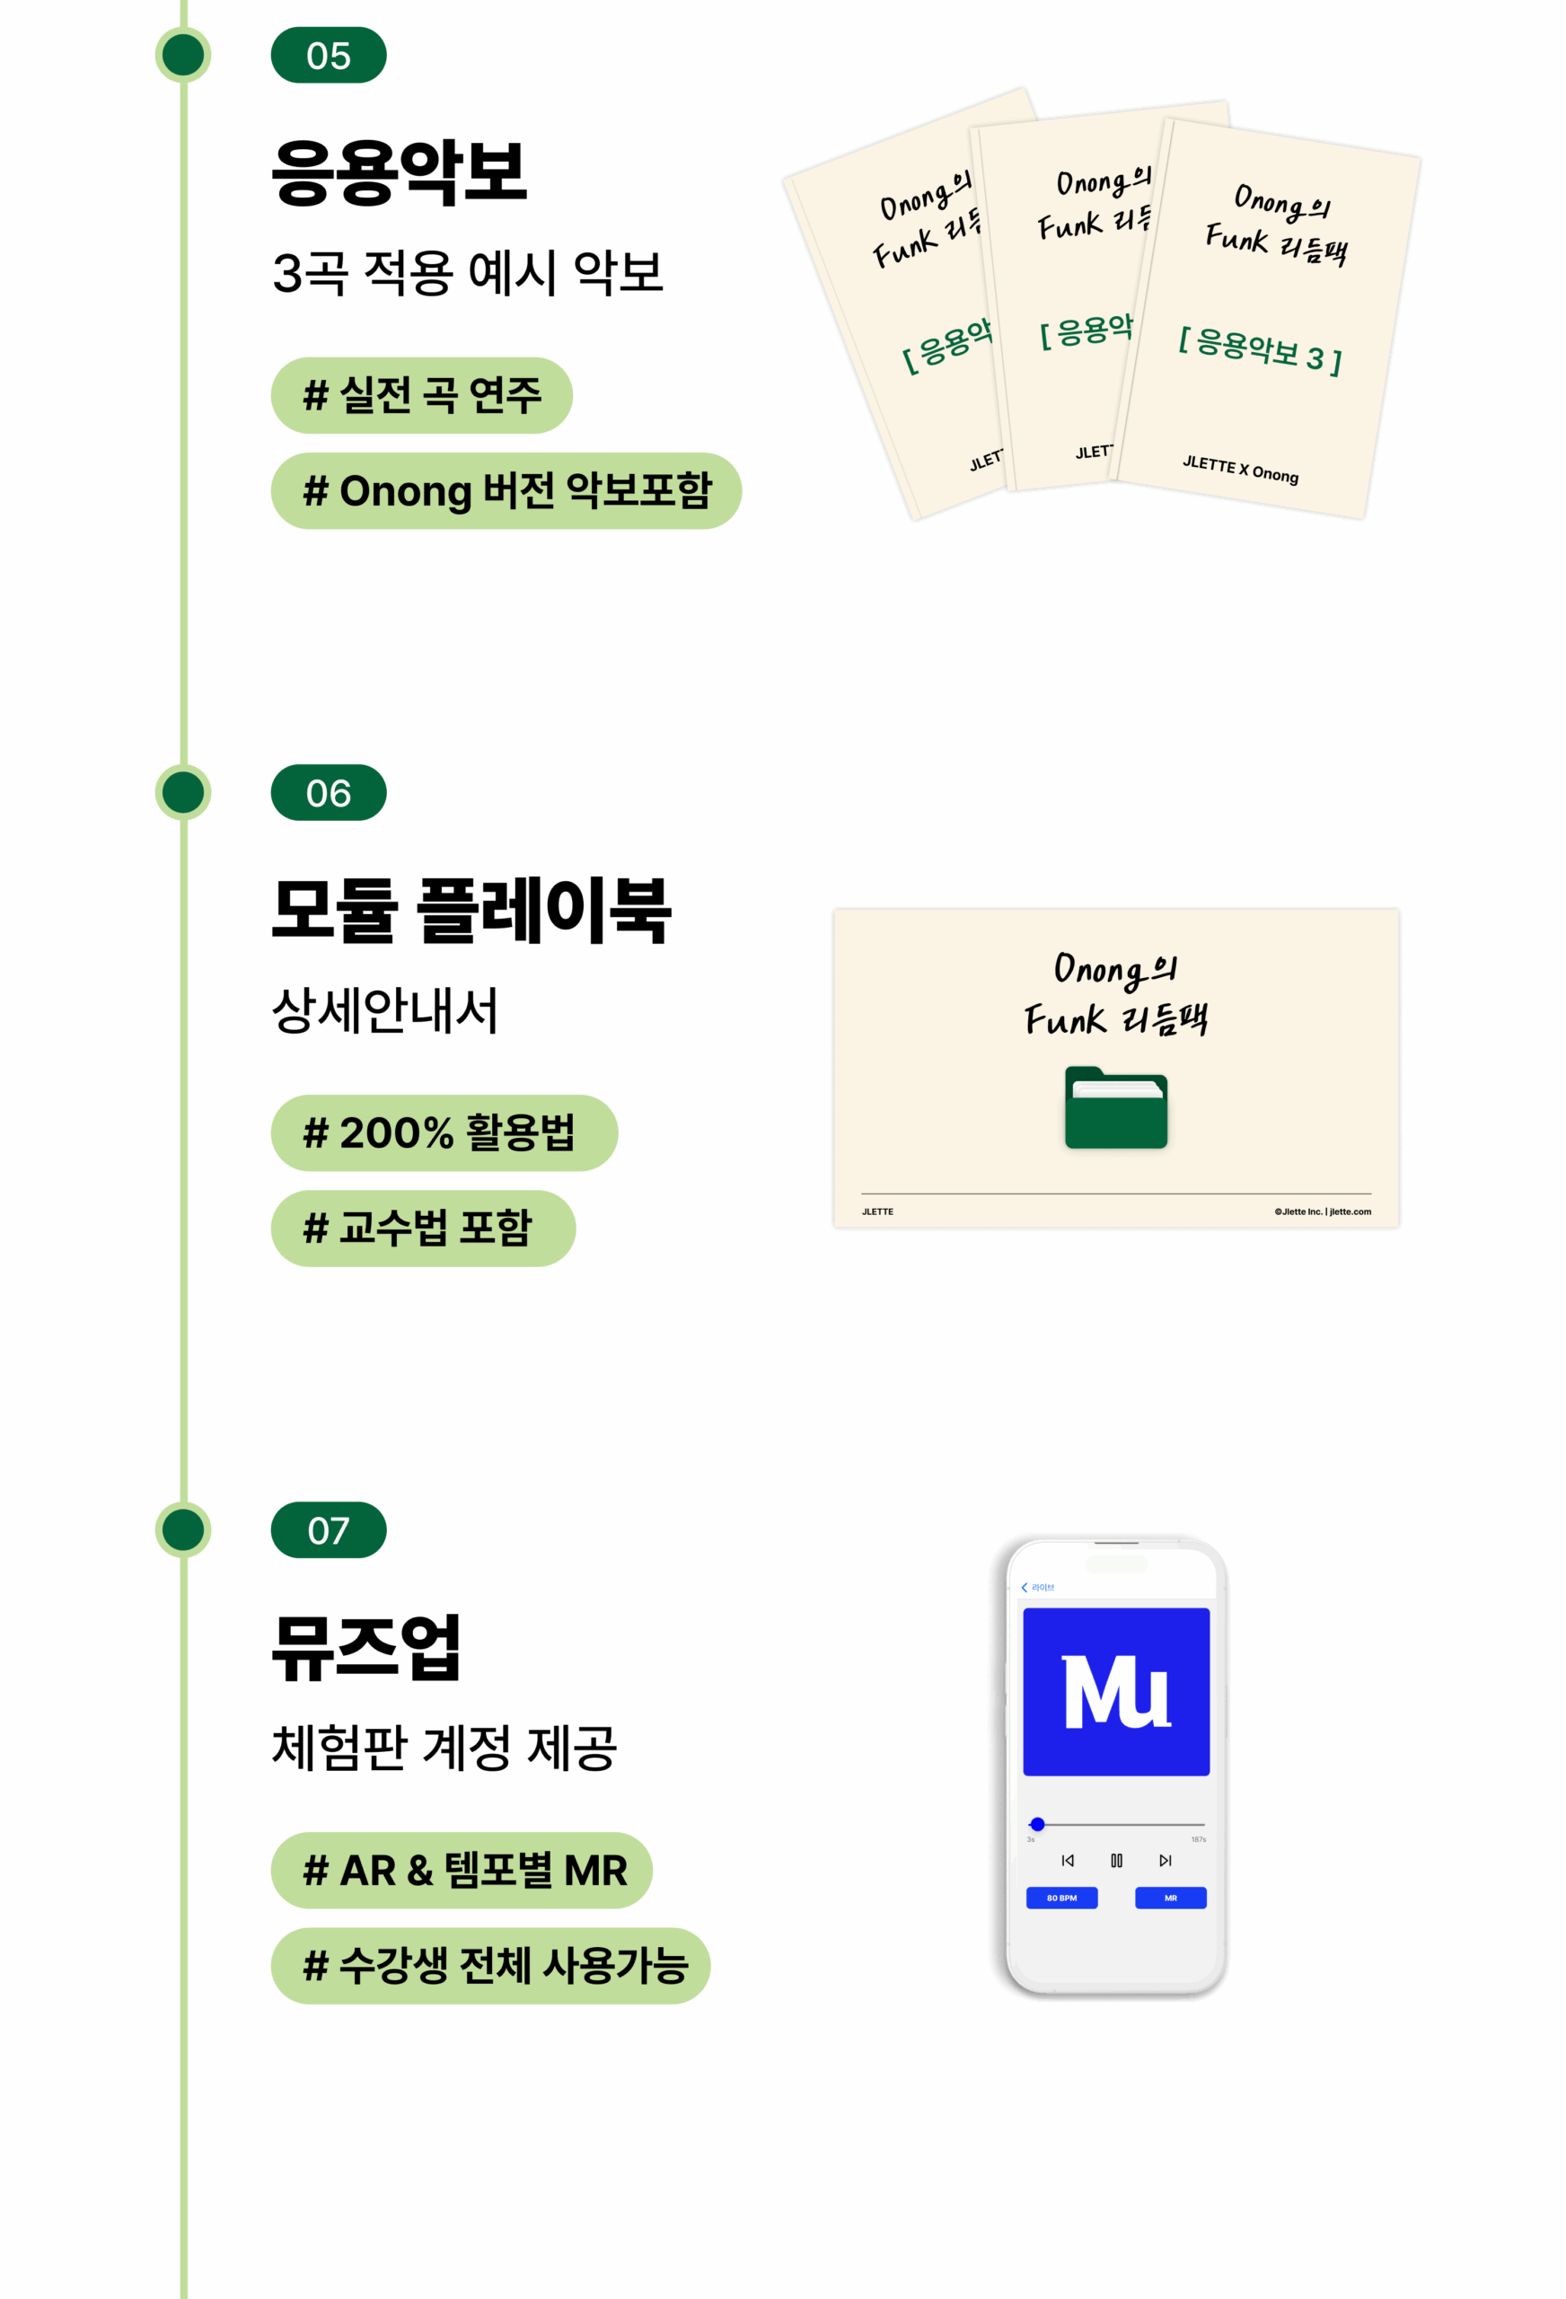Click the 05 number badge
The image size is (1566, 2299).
(328, 56)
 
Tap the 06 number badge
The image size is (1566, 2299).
(328, 792)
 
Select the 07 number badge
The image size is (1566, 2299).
(328, 1529)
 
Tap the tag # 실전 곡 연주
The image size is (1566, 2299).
(421, 396)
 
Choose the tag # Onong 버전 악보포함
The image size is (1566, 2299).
(506, 490)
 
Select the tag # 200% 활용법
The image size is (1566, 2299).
(444, 1132)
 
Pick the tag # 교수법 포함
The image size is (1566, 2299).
(422, 1228)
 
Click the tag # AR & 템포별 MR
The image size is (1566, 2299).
(461, 1870)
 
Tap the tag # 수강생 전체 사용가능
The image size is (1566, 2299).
(489, 1966)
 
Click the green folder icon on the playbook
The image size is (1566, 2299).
(1115, 1108)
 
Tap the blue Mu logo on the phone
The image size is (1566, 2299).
(1115, 1692)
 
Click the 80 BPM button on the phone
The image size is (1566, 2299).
(1060, 1898)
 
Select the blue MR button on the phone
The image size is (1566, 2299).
(1169, 1898)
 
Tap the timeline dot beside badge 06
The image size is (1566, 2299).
(183, 792)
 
